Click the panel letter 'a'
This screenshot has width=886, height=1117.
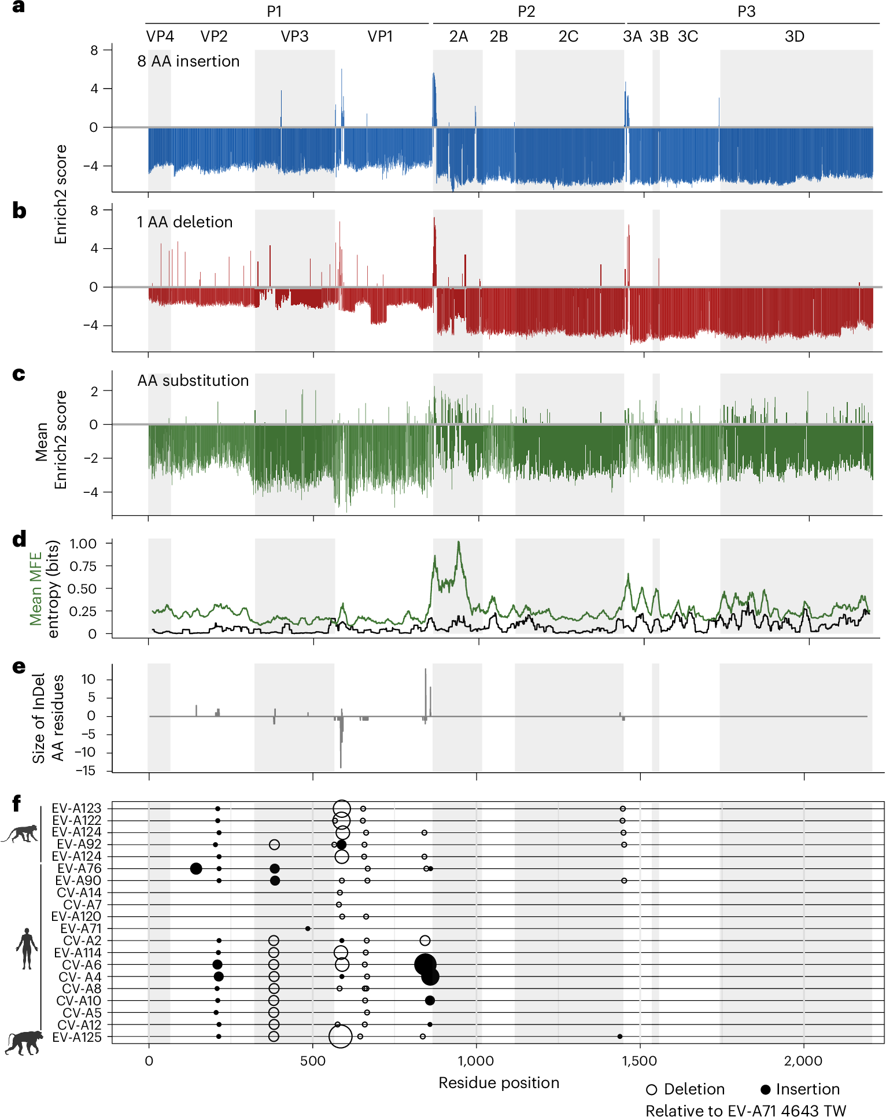click(x=19, y=8)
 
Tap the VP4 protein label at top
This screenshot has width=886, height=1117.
click(x=160, y=36)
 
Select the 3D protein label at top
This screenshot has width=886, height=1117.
click(x=794, y=36)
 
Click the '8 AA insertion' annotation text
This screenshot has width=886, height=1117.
click(x=188, y=61)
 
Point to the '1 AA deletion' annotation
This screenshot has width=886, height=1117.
click(x=184, y=222)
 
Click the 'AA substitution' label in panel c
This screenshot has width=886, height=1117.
click(x=193, y=381)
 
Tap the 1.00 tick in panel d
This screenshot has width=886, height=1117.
click(x=83, y=544)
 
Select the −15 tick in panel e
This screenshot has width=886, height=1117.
click(x=85, y=771)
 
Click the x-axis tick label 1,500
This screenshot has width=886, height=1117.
click(x=640, y=1061)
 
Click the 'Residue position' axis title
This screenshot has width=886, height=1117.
click(x=499, y=1083)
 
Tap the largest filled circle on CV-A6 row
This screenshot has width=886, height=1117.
click(x=425, y=964)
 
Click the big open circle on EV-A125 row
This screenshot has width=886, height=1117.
click(x=340, y=1036)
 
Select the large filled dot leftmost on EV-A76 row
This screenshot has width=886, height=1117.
click(x=196, y=868)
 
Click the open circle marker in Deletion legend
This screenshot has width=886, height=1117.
click(x=652, y=1090)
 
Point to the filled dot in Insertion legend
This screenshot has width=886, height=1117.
click(x=766, y=1090)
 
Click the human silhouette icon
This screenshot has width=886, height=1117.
click(x=27, y=949)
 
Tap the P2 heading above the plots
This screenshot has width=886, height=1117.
click(x=526, y=12)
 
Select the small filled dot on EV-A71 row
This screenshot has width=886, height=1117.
click(x=308, y=928)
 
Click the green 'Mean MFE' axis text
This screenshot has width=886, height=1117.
click(x=36, y=589)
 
